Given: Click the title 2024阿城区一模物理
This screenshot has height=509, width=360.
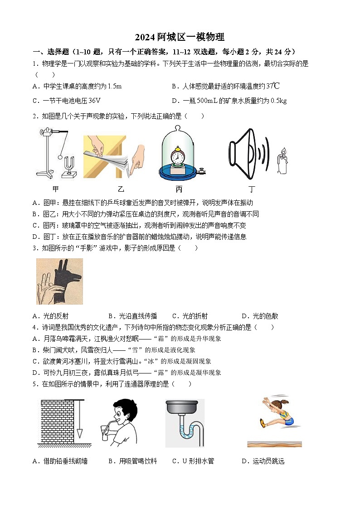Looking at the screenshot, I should [x=180, y=37].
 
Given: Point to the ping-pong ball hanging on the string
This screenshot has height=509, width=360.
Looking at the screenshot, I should [x=60, y=157].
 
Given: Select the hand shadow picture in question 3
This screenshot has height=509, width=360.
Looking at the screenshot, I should [x=59, y=281].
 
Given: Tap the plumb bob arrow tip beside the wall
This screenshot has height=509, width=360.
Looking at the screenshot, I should [x=79, y=436].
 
